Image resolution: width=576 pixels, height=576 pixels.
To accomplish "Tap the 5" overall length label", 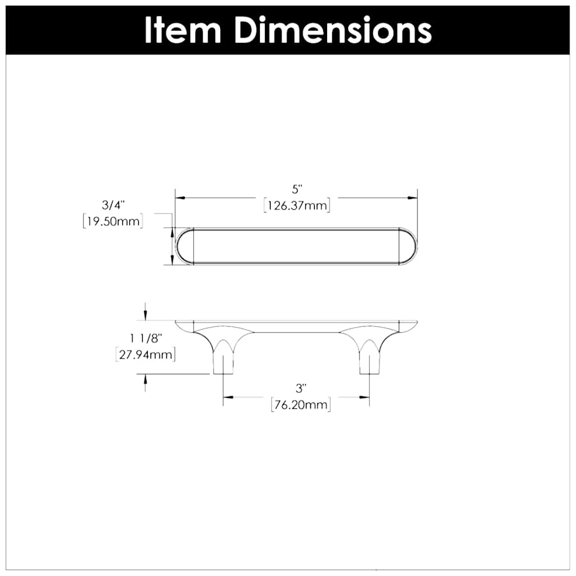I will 296,190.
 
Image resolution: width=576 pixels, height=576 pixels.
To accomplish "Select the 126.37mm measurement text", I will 296,205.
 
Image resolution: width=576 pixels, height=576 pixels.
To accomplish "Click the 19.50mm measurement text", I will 113,221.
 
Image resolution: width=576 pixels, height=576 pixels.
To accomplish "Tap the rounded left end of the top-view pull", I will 185,246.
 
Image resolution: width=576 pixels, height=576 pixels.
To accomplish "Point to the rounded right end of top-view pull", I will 408,246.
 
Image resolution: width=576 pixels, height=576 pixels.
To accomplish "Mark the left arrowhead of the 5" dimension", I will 180,198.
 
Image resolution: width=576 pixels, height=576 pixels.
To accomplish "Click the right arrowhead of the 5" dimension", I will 413,198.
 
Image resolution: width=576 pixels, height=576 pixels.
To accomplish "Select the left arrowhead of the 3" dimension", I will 227,397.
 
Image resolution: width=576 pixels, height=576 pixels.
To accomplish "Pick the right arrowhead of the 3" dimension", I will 365,397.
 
